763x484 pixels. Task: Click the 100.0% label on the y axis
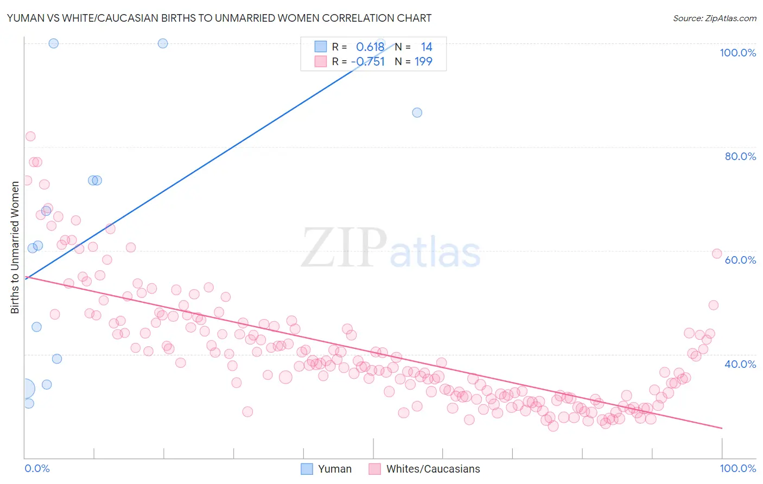coord(737,53)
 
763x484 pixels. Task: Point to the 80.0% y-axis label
coord(740,156)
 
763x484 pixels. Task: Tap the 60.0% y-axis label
coord(740,260)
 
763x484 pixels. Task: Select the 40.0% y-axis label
coord(740,364)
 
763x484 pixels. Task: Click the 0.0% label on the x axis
coord(37,468)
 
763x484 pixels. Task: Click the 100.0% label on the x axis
coord(737,468)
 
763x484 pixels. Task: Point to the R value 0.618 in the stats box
coord(370,47)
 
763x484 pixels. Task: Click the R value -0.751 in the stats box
coord(368,62)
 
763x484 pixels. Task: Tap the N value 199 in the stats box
coord(423,62)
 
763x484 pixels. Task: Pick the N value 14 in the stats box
coord(426,47)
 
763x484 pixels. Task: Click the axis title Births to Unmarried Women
coord(15,247)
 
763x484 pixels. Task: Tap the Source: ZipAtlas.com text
coord(714,18)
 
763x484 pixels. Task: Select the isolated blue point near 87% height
coord(417,112)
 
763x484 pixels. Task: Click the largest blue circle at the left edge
coord(25,389)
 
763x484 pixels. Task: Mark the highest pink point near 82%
coord(30,136)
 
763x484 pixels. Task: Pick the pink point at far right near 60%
coord(716,254)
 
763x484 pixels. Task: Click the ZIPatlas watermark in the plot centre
coord(391,249)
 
